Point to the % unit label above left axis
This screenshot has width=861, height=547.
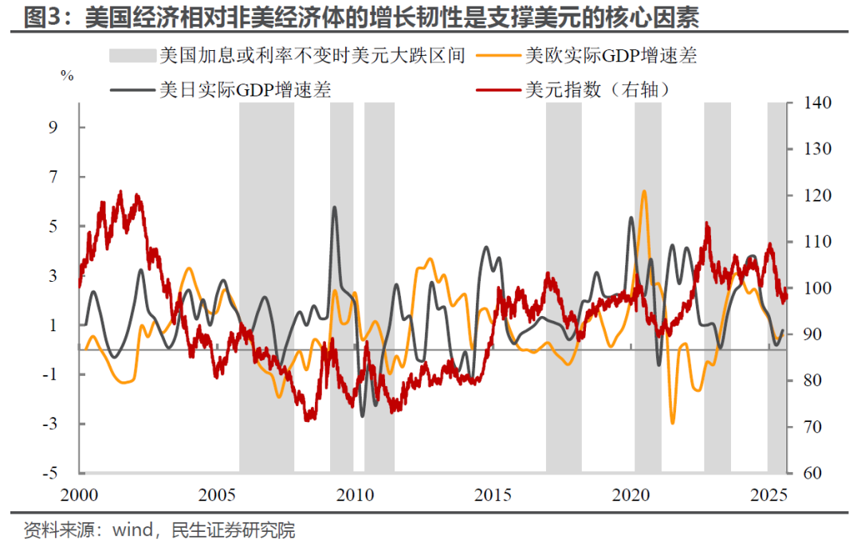click(67, 76)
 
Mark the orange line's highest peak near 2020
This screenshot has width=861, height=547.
click(644, 192)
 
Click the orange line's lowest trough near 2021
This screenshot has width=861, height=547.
click(672, 423)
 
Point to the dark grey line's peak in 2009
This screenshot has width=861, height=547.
click(333, 208)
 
